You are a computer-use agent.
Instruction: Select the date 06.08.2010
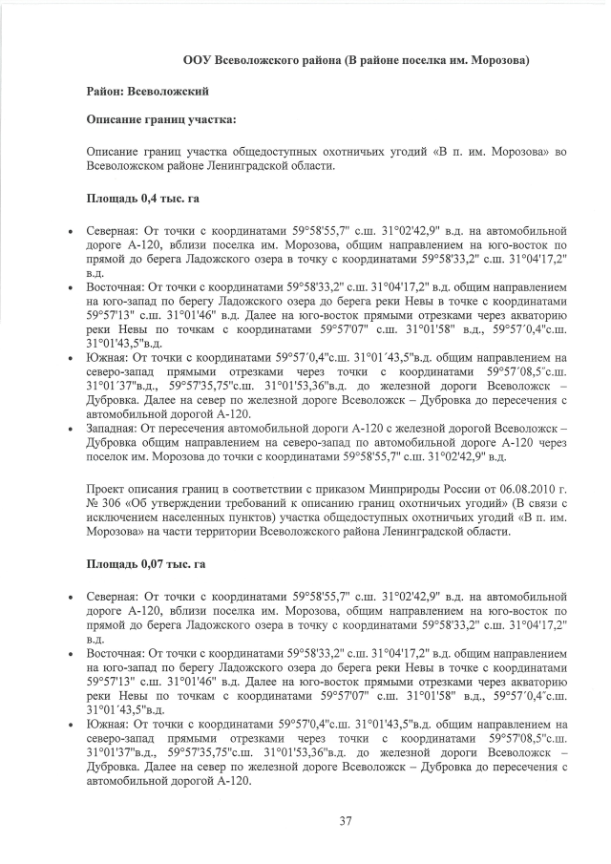pos(524,489)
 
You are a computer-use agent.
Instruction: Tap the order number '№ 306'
pos(101,503)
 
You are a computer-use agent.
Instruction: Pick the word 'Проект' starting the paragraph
pos(107,489)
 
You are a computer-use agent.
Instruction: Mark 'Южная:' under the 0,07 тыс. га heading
pos(106,725)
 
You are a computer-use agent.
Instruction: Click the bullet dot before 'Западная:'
pos(72,432)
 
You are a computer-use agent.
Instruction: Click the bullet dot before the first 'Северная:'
pos(72,233)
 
